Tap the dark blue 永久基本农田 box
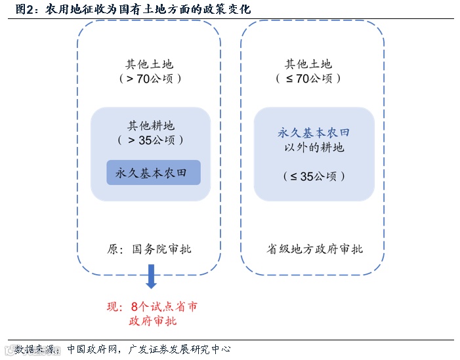point(153,173)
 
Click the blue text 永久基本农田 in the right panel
point(314,133)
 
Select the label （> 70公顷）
point(150,79)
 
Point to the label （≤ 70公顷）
point(308,79)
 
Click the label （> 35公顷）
point(150,140)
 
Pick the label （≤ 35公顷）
point(314,176)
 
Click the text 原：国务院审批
point(150,249)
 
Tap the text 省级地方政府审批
point(314,249)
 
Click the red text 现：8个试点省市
point(152,307)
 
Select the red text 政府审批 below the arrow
point(153,321)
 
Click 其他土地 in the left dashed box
point(150,64)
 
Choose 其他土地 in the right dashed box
point(308,64)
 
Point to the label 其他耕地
point(150,126)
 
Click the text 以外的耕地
point(314,148)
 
